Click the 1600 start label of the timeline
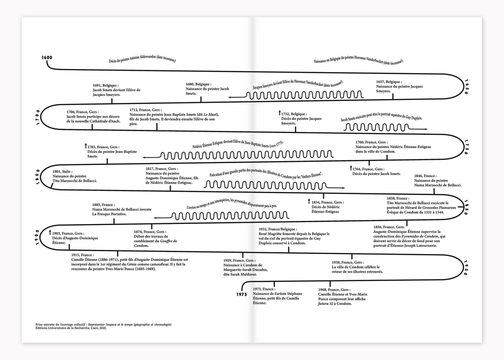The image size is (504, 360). pyautogui.click(x=46, y=58)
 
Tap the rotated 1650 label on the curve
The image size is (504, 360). pyautogui.click(x=467, y=85)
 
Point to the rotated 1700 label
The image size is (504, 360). pyautogui.click(x=37, y=118)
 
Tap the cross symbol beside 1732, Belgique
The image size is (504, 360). pyautogui.click(x=279, y=113)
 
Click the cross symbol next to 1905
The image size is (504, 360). pyautogui.click(x=50, y=232)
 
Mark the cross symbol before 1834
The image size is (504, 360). pyautogui.click(x=309, y=202)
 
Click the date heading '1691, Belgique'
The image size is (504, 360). pyautogui.click(x=106, y=85)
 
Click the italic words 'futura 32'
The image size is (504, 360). pyautogui.click(x=328, y=304)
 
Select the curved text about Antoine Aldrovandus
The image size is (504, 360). pyautogui.click(x=142, y=60)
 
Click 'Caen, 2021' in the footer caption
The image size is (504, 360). pyautogui.click(x=94, y=328)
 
